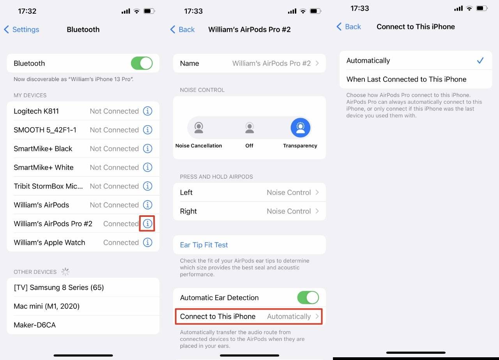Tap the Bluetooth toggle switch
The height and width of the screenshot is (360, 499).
[142, 63]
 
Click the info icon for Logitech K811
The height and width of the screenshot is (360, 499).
[147, 111]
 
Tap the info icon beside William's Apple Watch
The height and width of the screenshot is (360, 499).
[147, 242]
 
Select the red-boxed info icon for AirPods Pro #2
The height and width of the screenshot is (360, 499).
[147, 223]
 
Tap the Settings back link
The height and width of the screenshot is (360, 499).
[22, 30]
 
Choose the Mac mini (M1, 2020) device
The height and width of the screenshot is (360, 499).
[47, 306]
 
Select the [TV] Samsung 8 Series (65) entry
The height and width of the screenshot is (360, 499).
[59, 287]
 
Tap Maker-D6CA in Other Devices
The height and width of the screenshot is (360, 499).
[35, 325]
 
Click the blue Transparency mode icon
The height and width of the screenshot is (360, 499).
[300, 128]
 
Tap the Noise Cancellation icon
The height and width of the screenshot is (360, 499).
[199, 128]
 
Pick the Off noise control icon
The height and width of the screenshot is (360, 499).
[249, 128]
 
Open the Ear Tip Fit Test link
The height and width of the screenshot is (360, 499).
[204, 245]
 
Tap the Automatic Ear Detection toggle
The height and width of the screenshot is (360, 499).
[308, 298]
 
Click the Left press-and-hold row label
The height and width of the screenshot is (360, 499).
[186, 192]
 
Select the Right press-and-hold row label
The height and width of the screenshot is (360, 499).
[188, 211]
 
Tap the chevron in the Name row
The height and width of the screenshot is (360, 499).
[317, 63]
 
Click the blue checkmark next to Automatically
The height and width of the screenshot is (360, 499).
[480, 60]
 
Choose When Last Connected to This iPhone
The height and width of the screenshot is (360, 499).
[406, 79]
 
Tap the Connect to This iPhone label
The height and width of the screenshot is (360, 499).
[218, 316]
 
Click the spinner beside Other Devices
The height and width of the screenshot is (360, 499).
[65, 272]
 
